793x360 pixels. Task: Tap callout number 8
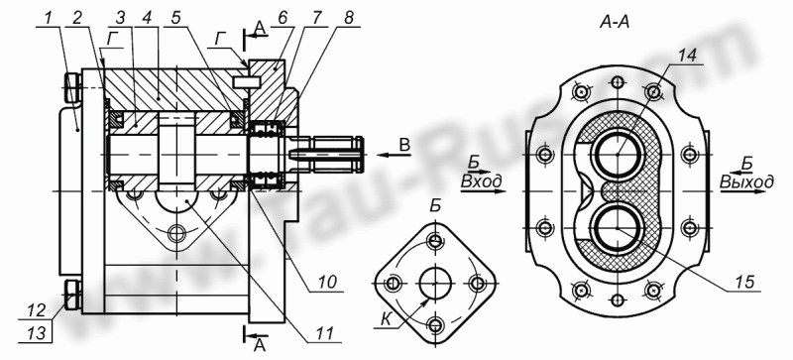tap(348, 17)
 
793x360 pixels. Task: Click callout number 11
tap(325, 332)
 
